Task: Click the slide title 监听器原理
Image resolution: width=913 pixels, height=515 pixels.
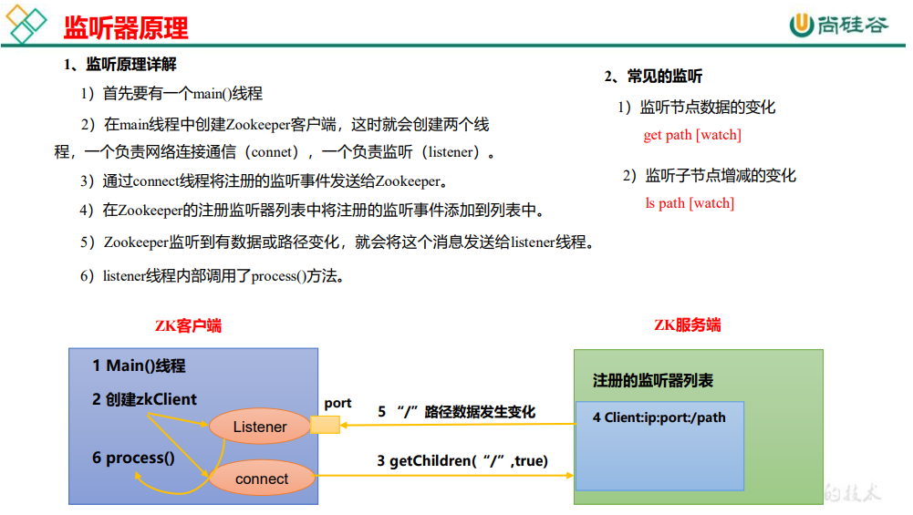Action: click(x=126, y=27)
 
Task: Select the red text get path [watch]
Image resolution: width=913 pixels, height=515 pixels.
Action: click(x=692, y=135)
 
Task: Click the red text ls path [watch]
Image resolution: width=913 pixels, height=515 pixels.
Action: click(x=690, y=203)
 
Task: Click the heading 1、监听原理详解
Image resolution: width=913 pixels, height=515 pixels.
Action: click(x=119, y=65)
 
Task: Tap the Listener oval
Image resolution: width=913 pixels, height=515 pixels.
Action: click(x=260, y=427)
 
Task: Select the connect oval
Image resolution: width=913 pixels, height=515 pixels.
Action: click(x=262, y=479)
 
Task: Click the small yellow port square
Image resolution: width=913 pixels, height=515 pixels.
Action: click(x=325, y=424)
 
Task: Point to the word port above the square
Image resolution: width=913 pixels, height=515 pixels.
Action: click(x=337, y=403)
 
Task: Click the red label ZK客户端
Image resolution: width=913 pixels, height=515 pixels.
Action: click(x=189, y=325)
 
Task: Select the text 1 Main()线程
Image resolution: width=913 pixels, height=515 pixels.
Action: click(x=139, y=366)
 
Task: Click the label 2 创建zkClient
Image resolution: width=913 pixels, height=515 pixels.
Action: click(x=144, y=399)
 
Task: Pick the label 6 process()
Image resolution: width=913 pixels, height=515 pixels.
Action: click(x=133, y=458)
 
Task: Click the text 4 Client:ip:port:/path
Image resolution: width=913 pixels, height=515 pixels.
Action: click(x=659, y=417)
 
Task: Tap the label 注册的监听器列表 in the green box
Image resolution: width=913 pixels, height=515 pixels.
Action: click(x=653, y=380)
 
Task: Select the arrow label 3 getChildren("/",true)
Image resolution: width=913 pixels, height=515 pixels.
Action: click(x=462, y=461)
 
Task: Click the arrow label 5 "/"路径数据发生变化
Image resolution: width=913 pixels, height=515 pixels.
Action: click(x=457, y=412)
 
